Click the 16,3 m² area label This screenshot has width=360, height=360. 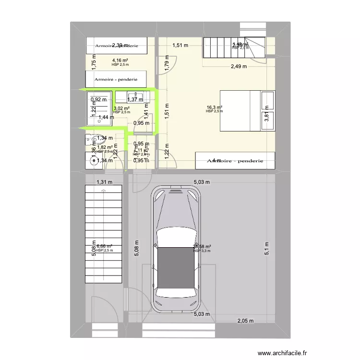(214, 108)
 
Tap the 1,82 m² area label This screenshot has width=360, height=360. (105, 147)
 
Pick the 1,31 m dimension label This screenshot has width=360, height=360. (104, 182)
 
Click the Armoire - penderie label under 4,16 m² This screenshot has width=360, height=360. (116, 79)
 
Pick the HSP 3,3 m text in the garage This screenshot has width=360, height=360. (202, 251)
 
